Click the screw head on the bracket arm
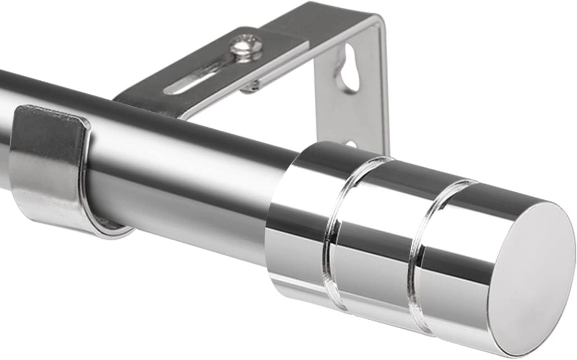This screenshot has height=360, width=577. pyautogui.click(x=246, y=47)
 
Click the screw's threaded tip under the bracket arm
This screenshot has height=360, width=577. pyautogui.click(x=250, y=87)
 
